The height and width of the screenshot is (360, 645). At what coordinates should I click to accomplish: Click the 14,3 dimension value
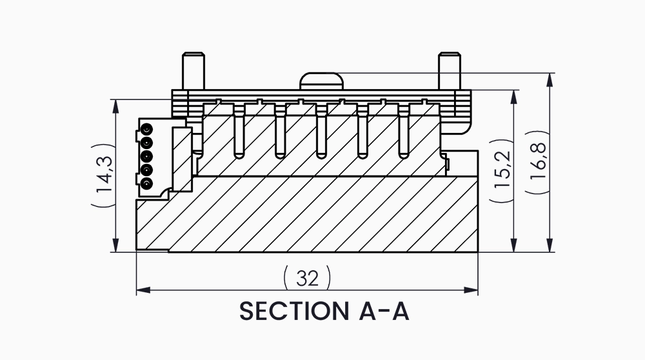[103, 175]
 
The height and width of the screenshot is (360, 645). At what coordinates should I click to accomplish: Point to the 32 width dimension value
[308, 278]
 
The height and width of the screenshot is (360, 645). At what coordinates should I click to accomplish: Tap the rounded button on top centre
[321, 82]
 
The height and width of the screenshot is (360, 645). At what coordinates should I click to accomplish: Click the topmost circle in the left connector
[147, 128]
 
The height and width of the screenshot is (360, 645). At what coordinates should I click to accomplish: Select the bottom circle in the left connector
[147, 185]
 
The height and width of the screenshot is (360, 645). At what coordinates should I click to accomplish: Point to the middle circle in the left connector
[147, 156]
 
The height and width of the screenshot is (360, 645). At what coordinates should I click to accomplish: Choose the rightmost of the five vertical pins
[404, 132]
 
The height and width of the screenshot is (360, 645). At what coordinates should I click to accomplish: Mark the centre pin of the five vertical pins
[321, 132]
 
